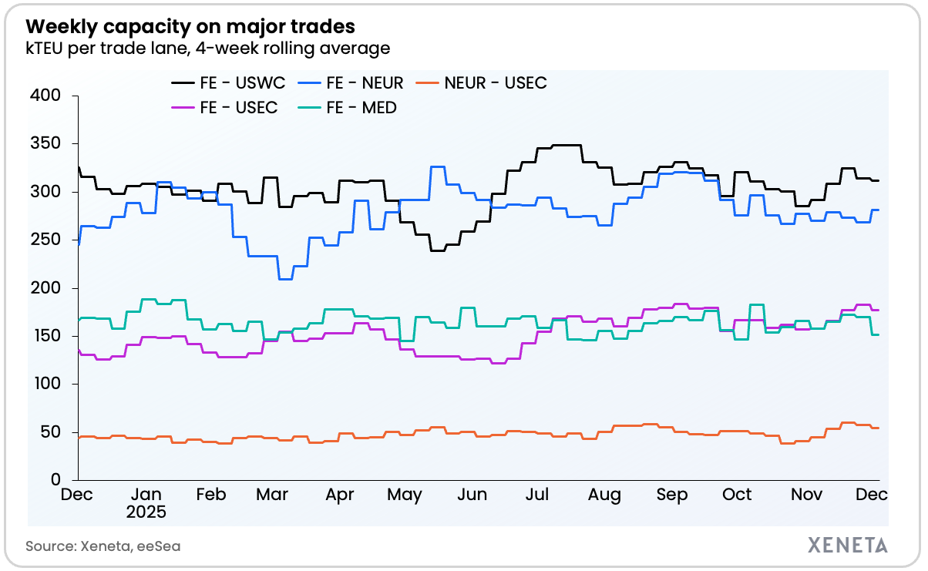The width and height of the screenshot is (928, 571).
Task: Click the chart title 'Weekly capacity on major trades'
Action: (190, 26)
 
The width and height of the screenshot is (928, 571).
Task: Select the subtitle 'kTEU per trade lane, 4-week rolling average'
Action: (207, 49)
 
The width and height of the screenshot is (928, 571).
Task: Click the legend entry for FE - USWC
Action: (229, 83)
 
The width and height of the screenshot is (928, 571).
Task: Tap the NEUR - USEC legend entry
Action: (481, 83)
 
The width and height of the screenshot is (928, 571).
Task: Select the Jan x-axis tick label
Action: (146, 495)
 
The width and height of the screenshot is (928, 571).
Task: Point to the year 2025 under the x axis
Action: (146, 511)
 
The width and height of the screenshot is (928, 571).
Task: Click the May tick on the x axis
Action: (405, 495)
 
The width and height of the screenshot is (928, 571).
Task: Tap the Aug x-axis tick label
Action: (605, 495)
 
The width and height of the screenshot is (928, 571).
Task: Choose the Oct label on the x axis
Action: (738, 495)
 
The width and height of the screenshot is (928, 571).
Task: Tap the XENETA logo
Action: (847, 546)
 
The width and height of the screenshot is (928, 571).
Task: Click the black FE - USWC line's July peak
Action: (567, 145)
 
